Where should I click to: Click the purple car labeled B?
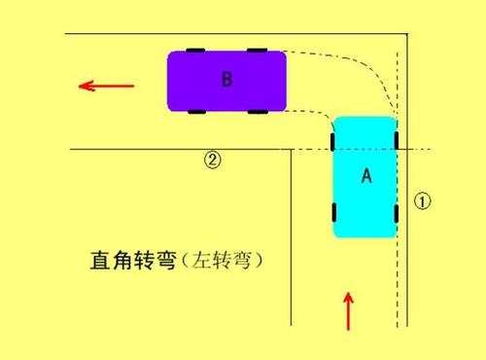click(x=226, y=81)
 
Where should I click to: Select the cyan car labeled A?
click(x=365, y=176)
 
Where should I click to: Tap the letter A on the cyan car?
click(x=366, y=175)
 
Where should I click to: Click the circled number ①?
click(x=422, y=200)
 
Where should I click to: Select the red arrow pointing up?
click(x=349, y=310)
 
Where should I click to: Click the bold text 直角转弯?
click(x=125, y=261)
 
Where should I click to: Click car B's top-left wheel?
click(x=195, y=50)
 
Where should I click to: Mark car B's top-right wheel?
click(x=258, y=50)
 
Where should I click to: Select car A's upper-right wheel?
click(x=397, y=142)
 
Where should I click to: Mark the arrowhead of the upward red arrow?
click(x=349, y=294)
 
